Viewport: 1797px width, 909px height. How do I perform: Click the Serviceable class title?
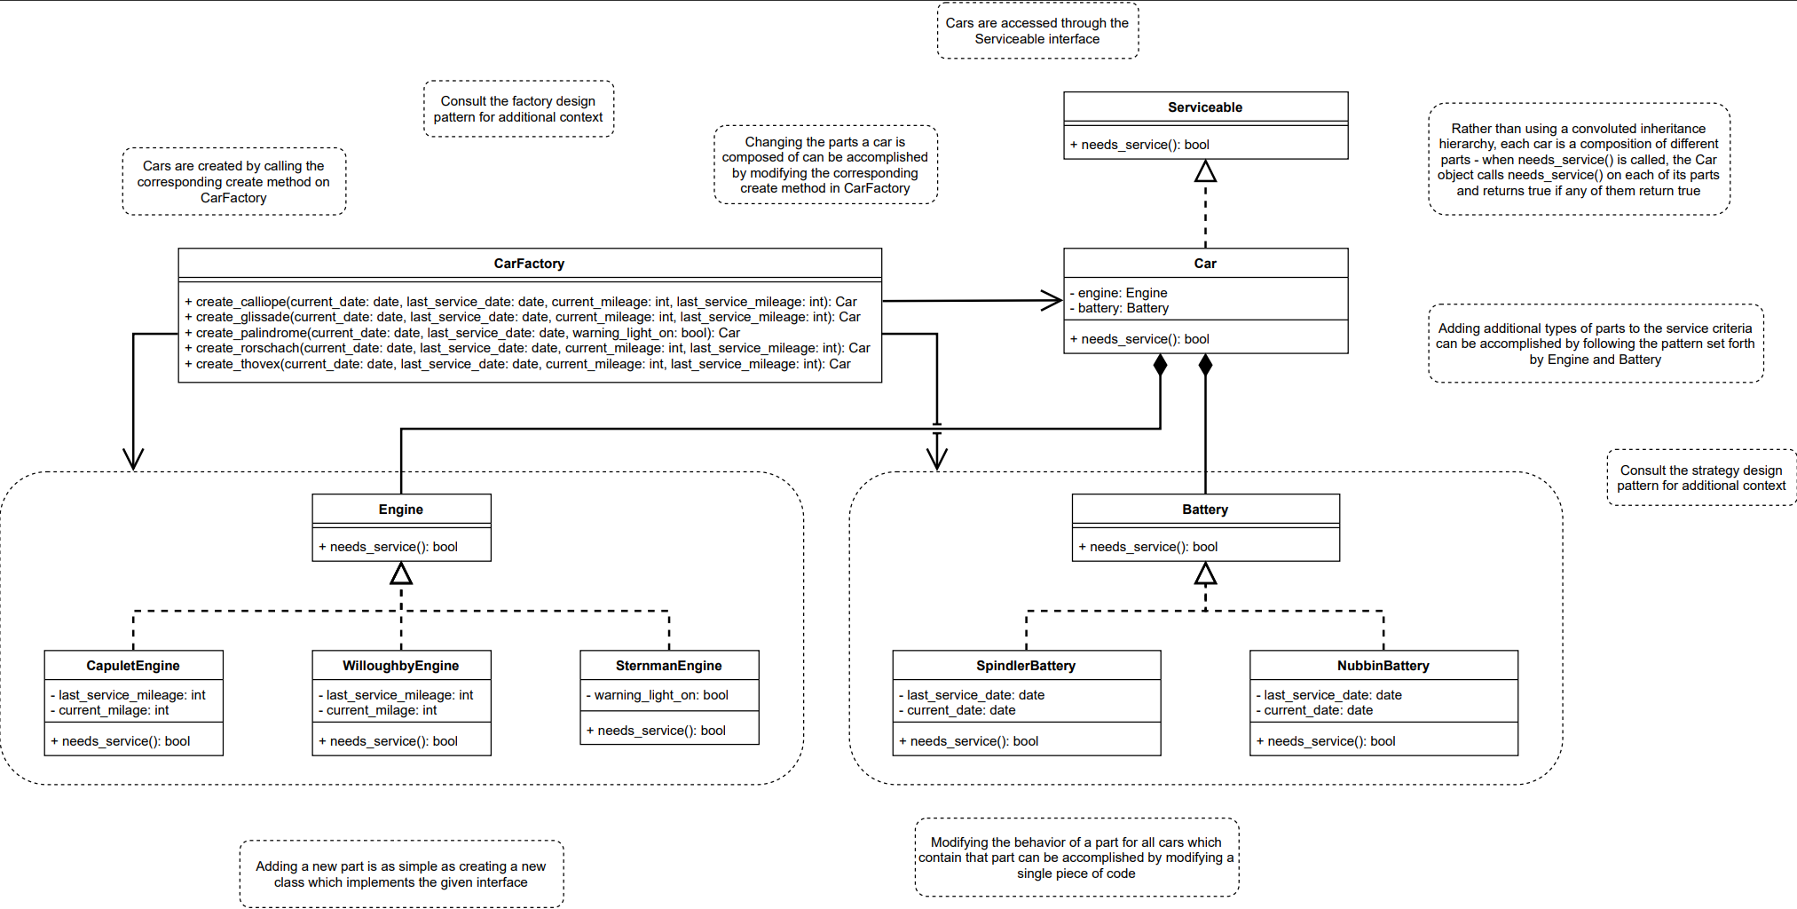(1204, 107)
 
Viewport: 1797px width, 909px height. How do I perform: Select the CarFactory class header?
(529, 264)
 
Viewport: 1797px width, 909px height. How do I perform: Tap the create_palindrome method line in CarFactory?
(461, 333)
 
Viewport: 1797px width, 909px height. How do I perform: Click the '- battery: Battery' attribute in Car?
(1123, 308)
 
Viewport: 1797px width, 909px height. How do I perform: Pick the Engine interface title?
(400, 510)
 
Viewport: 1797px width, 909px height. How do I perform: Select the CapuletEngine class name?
(133, 666)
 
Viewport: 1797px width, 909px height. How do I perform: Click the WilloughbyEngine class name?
(400, 666)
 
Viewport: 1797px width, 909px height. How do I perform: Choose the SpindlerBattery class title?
(1026, 666)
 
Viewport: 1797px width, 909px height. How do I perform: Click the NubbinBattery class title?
(1383, 666)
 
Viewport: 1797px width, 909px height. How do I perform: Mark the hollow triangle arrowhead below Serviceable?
(1205, 171)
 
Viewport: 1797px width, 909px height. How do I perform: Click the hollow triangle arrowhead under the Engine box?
(401, 574)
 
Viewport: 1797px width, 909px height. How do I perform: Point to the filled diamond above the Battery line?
(1205, 364)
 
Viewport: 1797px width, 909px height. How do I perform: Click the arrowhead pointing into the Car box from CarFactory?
(1053, 300)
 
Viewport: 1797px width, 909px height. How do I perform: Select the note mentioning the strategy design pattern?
(1700, 478)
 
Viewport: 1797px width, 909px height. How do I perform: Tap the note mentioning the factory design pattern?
(518, 109)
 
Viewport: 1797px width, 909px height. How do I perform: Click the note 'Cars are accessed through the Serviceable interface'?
(1036, 31)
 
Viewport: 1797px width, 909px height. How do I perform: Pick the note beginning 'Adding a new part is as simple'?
(400, 874)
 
